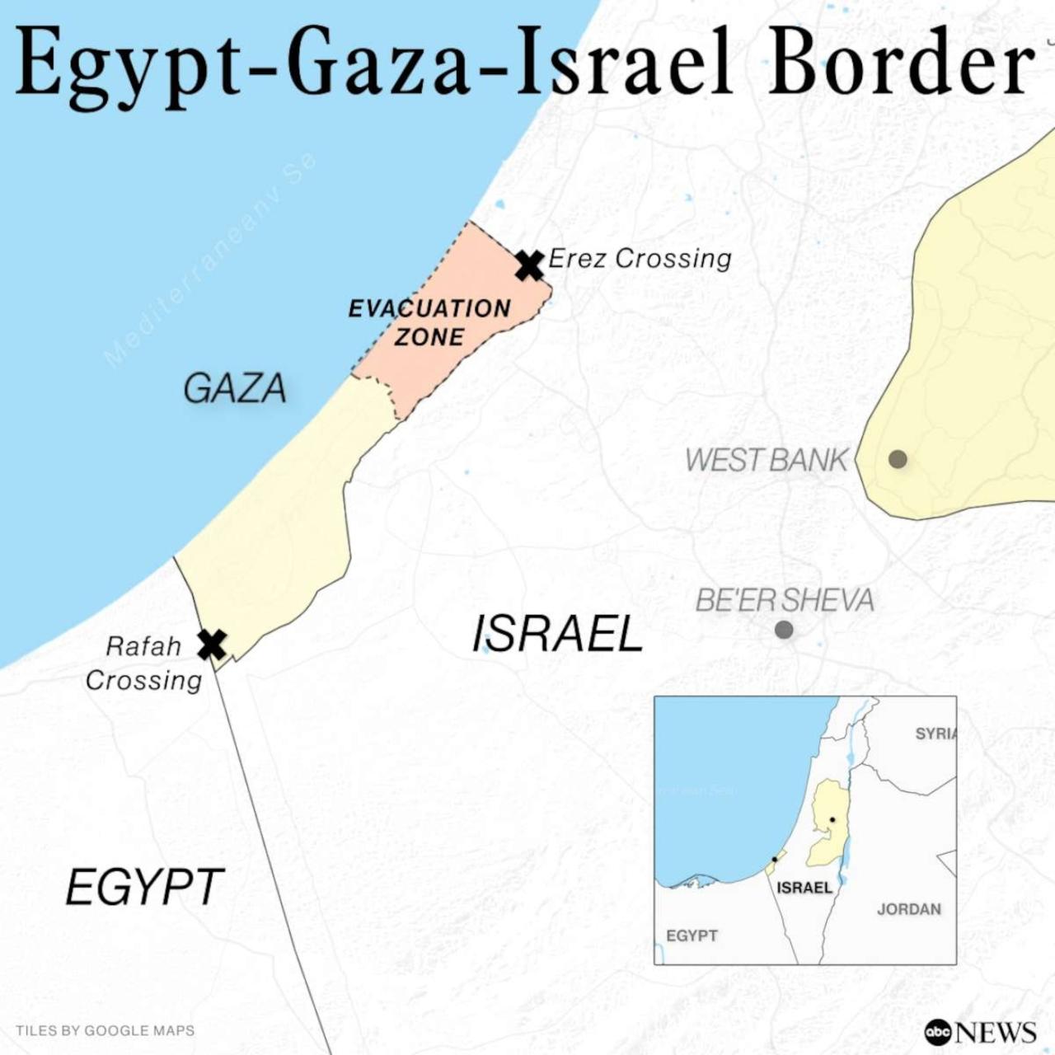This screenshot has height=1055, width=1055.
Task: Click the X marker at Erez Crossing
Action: (x=529, y=265)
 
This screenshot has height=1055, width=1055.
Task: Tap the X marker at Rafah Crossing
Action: (x=212, y=645)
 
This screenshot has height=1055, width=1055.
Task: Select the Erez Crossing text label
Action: (x=640, y=259)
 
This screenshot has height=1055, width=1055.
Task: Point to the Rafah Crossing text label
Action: (x=143, y=663)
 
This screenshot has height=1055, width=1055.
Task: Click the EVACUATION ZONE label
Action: (x=429, y=322)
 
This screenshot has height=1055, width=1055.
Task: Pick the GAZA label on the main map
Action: (x=235, y=389)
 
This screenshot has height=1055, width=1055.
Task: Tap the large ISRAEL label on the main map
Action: (x=557, y=635)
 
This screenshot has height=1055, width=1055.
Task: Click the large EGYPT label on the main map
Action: (x=144, y=888)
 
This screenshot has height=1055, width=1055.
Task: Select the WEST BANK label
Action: (x=766, y=460)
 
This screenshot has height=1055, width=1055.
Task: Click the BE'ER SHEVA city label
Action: (x=785, y=600)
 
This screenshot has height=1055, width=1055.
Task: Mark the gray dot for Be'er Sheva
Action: (x=784, y=631)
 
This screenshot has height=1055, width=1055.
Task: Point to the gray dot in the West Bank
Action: (x=898, y=459)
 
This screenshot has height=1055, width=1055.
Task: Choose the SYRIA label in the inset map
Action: (x=935, y=734)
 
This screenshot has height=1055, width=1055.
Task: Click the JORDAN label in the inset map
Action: (x=908, y=909)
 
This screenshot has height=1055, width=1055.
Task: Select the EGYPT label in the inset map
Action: (x=692, y=935)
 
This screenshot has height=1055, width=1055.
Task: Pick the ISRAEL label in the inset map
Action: (x=804, y=888)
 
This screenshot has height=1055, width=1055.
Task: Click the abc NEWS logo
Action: (x=980, y=1031)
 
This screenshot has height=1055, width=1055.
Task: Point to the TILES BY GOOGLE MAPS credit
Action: (x=105, y=1030)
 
